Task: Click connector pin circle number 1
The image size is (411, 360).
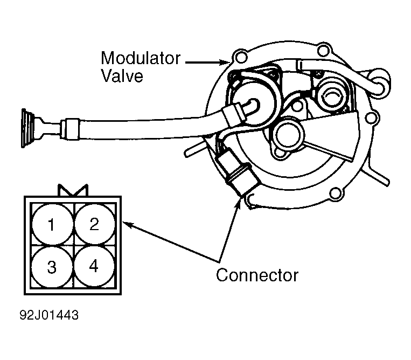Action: tap(52, 224)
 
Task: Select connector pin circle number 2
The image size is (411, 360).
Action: tap(95, 224)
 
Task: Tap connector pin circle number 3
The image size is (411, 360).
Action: tap(52, 267)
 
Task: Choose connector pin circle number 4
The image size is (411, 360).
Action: tap(94, 266)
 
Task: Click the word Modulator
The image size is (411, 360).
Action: tap(141, 58)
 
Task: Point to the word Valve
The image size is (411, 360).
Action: tap(122, 75)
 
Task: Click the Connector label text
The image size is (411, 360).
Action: tap(257, 275)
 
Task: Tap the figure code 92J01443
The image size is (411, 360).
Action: tap(49, 315)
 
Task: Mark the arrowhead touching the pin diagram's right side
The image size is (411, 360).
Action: tap(128, 225)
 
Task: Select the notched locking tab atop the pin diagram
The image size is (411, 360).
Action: tap(73, 190)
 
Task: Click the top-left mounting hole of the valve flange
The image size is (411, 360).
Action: tap(240, 58)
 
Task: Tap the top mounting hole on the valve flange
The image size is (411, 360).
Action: tap(324, 50)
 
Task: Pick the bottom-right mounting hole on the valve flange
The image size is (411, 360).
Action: tap(336, 194)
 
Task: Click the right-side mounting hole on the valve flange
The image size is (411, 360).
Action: tap(371, 117)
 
